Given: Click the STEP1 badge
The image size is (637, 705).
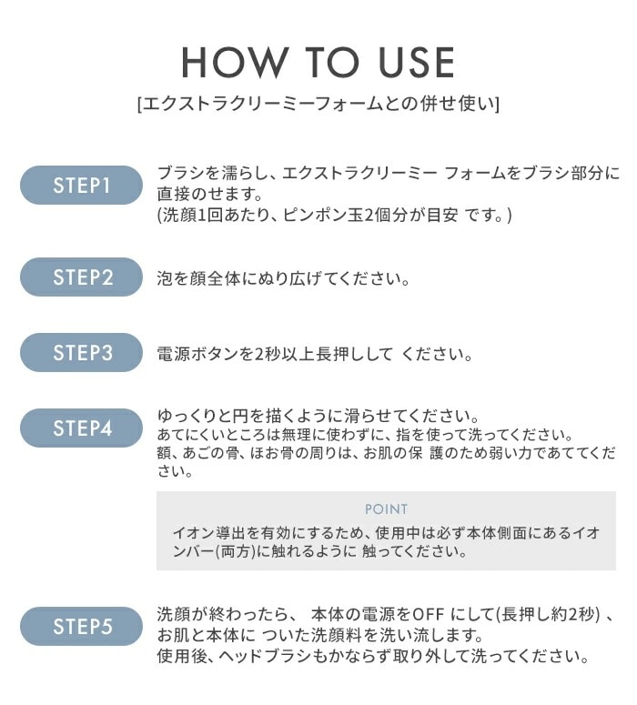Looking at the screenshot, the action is coord(81,185).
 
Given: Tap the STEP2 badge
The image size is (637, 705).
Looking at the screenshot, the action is coord(81,277).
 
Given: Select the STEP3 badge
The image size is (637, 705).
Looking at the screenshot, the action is coord(81,353).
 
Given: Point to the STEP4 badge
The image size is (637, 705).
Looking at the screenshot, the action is coord(81,428).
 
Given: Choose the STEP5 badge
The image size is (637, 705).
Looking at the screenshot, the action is coord(81,627).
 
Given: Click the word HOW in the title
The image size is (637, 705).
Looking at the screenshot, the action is coord(234,63).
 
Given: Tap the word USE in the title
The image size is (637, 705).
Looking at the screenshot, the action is coord(417,63).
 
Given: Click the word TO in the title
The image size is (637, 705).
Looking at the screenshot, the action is coord(332,63).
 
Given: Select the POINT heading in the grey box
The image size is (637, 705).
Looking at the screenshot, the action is coord(386,509).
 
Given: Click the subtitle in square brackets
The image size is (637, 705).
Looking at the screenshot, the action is coord(318,104).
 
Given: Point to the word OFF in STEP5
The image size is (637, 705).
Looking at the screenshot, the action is coord(429,614).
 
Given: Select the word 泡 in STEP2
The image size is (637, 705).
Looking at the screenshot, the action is coord(165,278).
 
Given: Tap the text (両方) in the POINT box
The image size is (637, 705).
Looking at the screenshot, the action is coord(236,551).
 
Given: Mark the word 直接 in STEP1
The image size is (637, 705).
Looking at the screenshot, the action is coord(172,194).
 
